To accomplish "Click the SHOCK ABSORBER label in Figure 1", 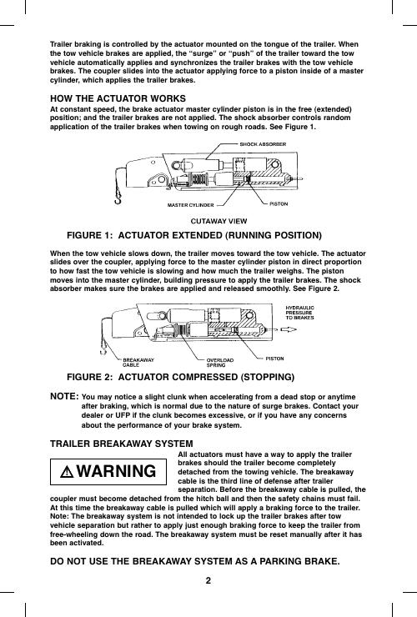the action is pos(263,144).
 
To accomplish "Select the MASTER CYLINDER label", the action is pos(191,205).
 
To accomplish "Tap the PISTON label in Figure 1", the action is pos(279,203).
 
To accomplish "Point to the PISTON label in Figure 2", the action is pos(275,359).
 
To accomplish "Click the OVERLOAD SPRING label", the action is pos(220,363).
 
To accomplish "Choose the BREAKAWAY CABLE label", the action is pos(138,363).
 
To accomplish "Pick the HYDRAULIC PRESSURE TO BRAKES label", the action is pos(300,313).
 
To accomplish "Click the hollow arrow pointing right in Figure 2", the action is pos(289,329).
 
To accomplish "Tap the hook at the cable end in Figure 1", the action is pos(118,198).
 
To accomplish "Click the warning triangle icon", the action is pos(68,472).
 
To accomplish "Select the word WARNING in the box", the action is pos(116,471).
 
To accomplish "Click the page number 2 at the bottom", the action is pos(208,580).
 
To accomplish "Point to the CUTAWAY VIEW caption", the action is pos(219,221).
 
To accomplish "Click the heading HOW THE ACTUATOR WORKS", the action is pos(118,98).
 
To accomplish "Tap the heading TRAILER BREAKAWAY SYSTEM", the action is pos(122,444).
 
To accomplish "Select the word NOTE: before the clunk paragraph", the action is pos(64,396).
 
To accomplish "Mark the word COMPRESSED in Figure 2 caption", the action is pos(205,377).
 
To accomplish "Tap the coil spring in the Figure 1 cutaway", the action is pos(199,180).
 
